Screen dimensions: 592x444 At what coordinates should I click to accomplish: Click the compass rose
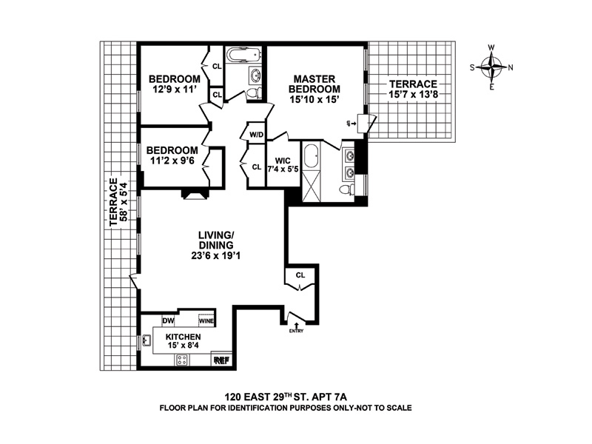pos(493,67)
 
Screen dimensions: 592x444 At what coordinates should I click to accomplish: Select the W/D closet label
pos(257,135)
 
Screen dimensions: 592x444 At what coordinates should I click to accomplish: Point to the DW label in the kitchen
pos(167,320)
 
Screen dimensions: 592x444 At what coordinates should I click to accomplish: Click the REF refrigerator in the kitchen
pos(221,360)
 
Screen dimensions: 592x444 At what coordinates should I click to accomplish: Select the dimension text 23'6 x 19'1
pos(216,257)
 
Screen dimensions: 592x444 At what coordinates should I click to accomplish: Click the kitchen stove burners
pos(181,360)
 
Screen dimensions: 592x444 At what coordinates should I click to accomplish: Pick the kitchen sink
pos(147,341)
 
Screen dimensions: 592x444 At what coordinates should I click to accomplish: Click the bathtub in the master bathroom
pos(312,158)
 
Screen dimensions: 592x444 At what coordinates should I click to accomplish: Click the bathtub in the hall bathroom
pos(240,55)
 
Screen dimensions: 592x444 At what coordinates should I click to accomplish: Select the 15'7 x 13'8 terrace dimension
pos(413,94)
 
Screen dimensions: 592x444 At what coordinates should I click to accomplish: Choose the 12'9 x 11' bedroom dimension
pos(174,92)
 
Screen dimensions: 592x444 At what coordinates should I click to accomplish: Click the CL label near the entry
pos(300,275)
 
